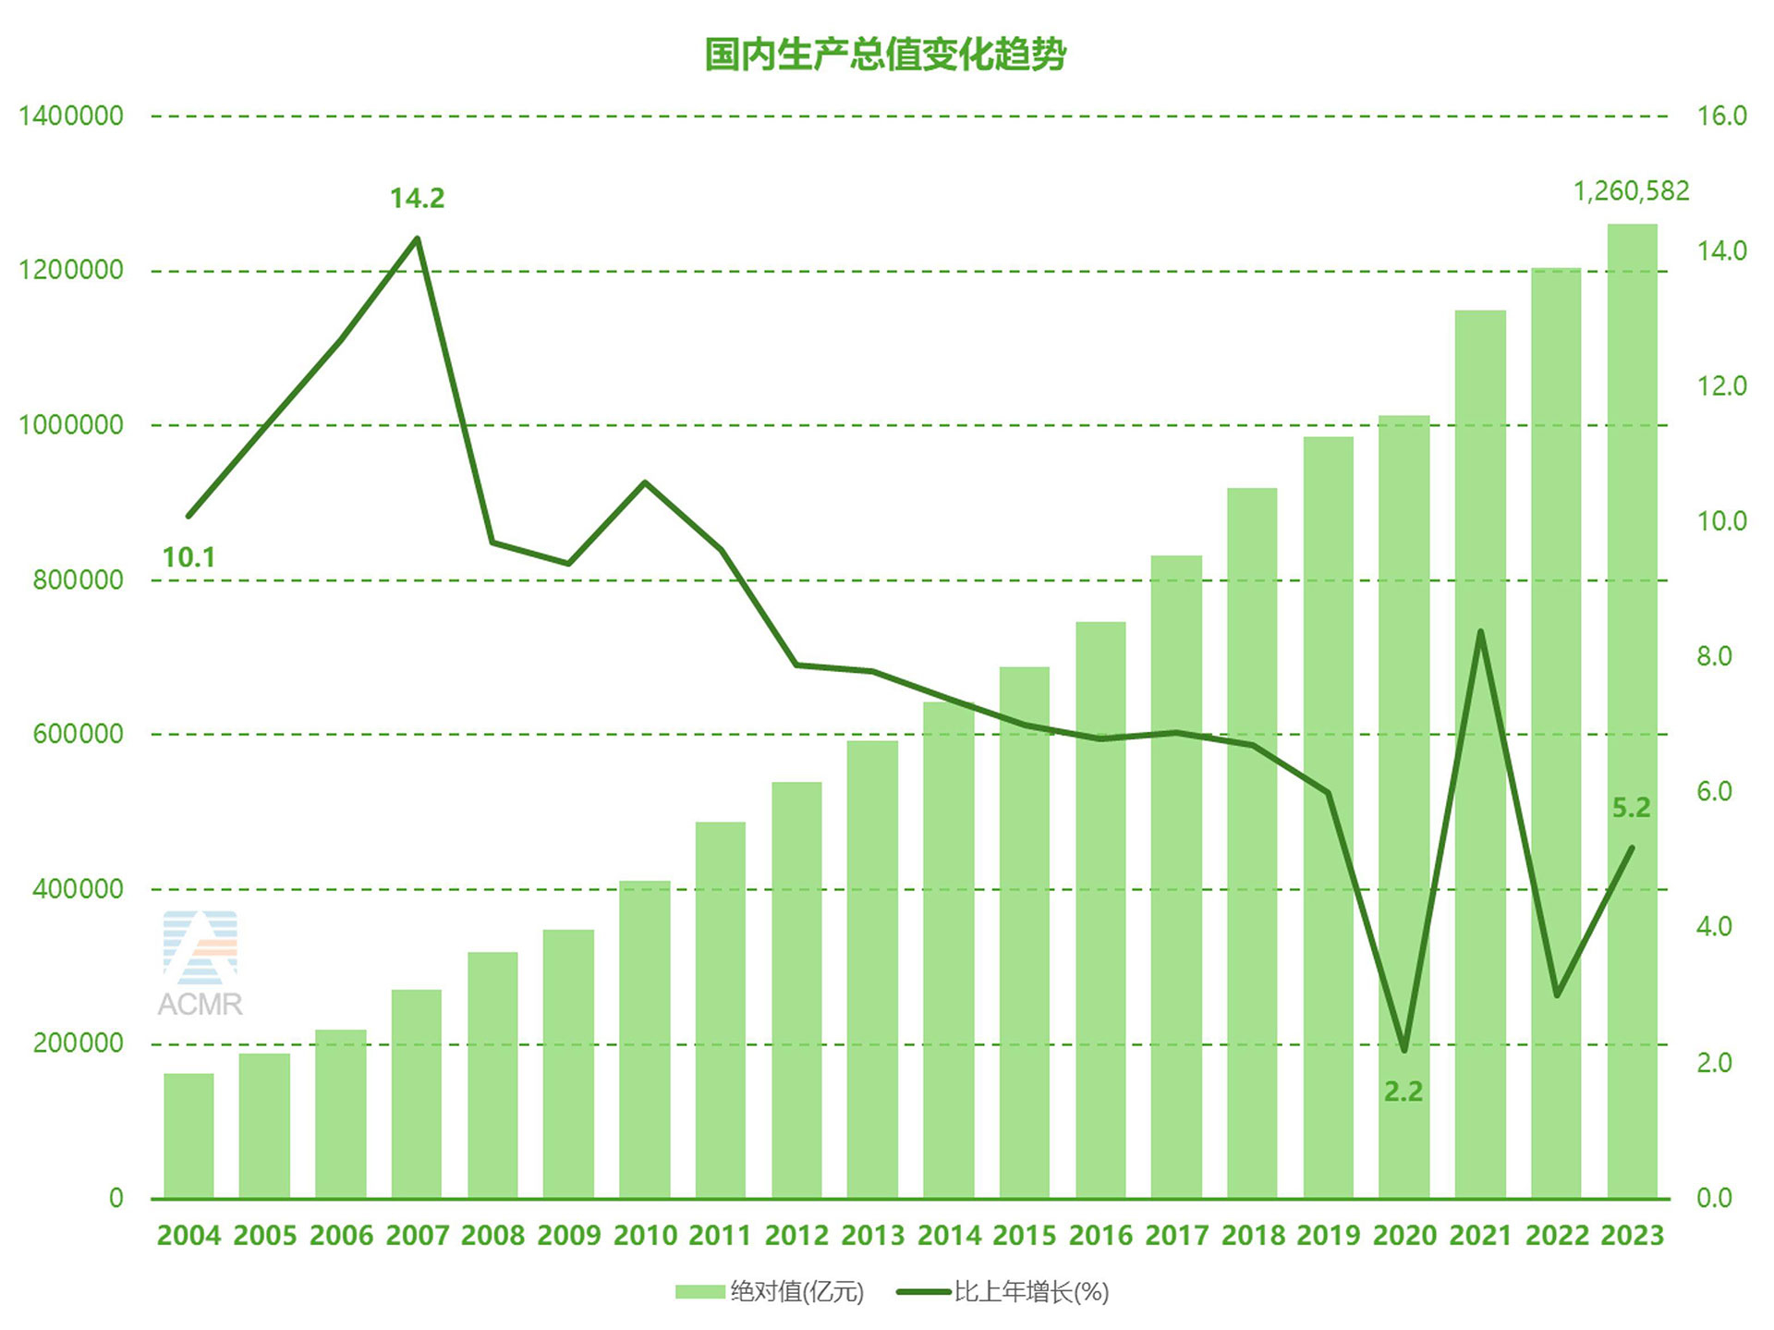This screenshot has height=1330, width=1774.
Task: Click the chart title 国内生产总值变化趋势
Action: [885, 55]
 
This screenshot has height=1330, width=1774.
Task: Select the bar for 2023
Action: [1632, 712]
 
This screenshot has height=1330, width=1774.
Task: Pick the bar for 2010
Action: [645, 1040]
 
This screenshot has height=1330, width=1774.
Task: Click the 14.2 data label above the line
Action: [417, 199]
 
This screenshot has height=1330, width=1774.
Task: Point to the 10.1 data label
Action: [188, 557]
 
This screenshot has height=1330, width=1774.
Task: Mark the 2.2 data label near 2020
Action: [1403, 1092]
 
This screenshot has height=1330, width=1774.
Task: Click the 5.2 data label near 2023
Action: [1631, 808]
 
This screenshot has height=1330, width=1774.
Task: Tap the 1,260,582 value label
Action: [1631, 191]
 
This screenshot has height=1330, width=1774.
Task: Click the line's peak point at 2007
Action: [418, 238]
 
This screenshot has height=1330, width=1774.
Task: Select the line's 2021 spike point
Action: [1480, 632]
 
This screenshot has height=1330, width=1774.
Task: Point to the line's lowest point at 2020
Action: [1404, 1050]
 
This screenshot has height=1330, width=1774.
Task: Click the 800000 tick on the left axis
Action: [78, 580]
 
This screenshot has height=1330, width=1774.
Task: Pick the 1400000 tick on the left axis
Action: [71, 116]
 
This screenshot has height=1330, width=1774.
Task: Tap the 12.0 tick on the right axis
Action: [1721, 386]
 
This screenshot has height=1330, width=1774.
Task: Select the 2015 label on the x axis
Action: [1024, 1236]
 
